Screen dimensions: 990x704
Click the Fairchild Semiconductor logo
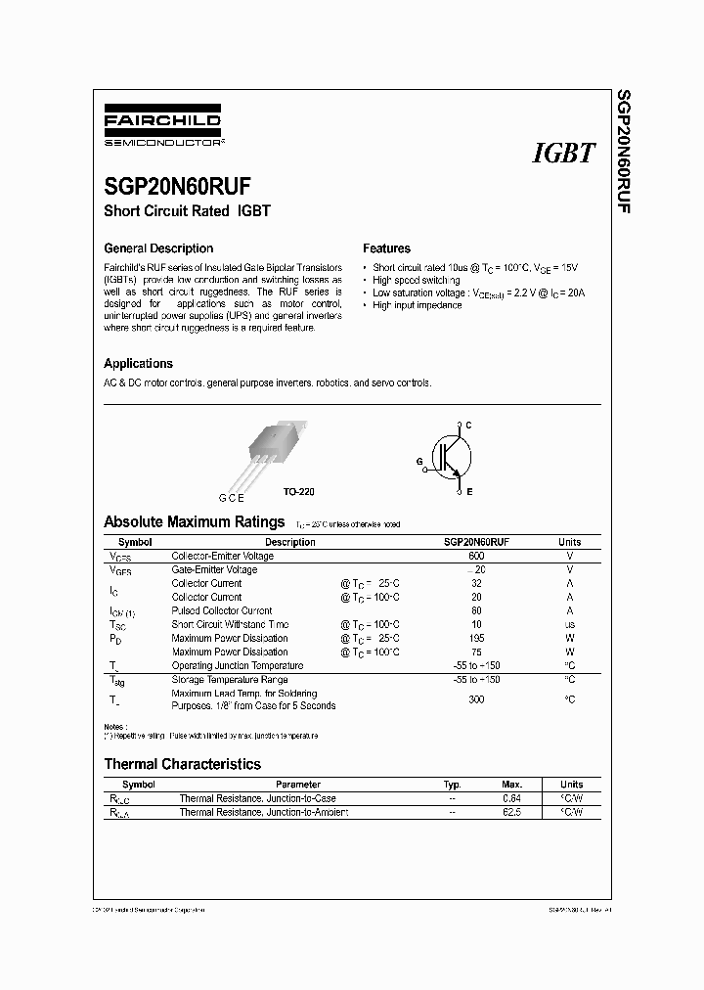tap(162, 128)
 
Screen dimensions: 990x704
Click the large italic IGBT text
tap(563, 153)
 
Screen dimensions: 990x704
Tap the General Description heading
tap(157, 248)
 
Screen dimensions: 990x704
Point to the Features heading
tap(386, 248)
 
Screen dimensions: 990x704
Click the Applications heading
tap(138, 363)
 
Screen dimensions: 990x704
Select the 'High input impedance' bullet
tap(417, 305)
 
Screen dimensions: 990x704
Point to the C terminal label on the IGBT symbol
tap(468, 425)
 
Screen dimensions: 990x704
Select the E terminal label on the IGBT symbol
tap(468, 492)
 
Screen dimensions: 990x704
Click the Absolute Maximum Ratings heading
tap(194, 522)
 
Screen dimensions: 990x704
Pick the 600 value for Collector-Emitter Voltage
tap(476, 556)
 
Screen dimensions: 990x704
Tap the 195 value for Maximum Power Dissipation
tap(476, 638)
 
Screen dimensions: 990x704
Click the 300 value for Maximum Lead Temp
tap(476, 699)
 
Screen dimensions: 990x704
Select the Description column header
tap(290, 542)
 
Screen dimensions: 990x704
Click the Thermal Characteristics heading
tap(182, 764)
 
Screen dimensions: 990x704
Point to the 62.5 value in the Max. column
tap(511, 812)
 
